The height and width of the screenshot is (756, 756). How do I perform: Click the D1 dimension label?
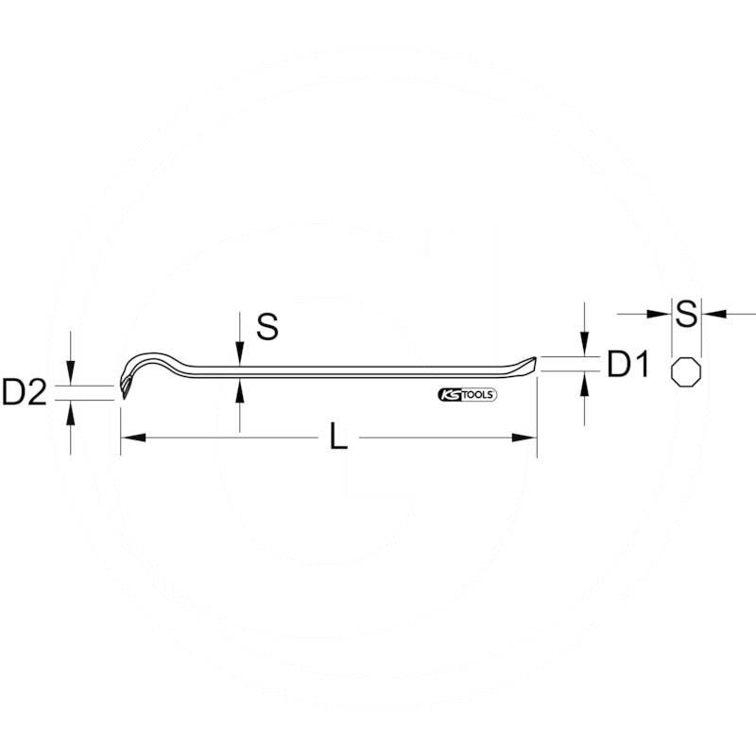(627, 365)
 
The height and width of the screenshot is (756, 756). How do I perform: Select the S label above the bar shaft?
(268, 328)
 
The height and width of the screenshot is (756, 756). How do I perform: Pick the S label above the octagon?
(687, 313)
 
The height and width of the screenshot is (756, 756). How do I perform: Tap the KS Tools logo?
(467, 394)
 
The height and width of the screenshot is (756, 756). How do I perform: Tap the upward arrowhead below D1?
(586, 384)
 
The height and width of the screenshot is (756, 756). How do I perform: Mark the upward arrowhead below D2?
(71, 409)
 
